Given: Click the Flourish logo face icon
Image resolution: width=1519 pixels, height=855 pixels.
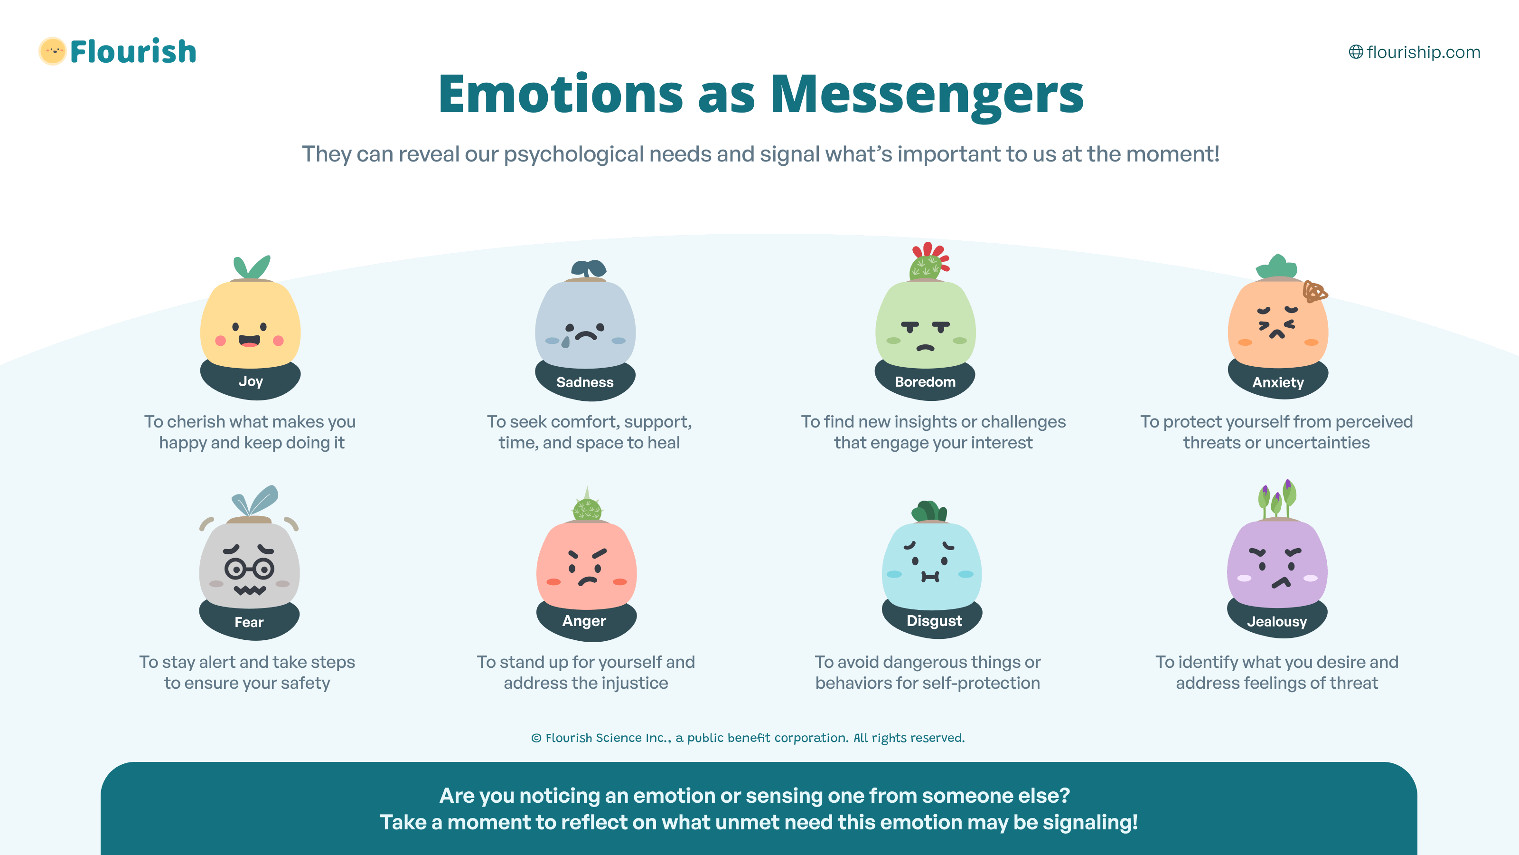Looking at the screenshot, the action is [53, 51].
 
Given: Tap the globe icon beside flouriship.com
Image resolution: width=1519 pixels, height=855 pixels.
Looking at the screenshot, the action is [1356, 52].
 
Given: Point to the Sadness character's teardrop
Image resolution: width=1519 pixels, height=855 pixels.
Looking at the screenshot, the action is [566, 342].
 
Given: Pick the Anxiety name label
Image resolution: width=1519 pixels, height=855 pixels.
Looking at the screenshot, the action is [1278, 382].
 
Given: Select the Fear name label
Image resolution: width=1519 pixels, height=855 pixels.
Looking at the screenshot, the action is [249, 622].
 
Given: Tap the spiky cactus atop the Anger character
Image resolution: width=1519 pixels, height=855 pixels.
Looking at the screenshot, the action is [587, 505].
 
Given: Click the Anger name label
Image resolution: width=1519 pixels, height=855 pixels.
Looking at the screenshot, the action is [584, 621].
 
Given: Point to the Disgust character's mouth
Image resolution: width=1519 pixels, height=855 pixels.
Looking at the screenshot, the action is [930, 577].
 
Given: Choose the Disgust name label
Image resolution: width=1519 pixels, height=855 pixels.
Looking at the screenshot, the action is [934, 621].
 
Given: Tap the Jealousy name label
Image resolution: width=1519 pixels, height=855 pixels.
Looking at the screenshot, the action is [1276, 621].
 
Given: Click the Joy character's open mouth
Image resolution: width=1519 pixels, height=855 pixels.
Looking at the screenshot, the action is [249, 341].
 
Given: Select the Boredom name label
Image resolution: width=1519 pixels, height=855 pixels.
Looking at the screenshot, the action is [925, 382].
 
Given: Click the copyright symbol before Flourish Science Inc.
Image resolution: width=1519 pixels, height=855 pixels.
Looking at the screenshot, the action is [536, 738].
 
